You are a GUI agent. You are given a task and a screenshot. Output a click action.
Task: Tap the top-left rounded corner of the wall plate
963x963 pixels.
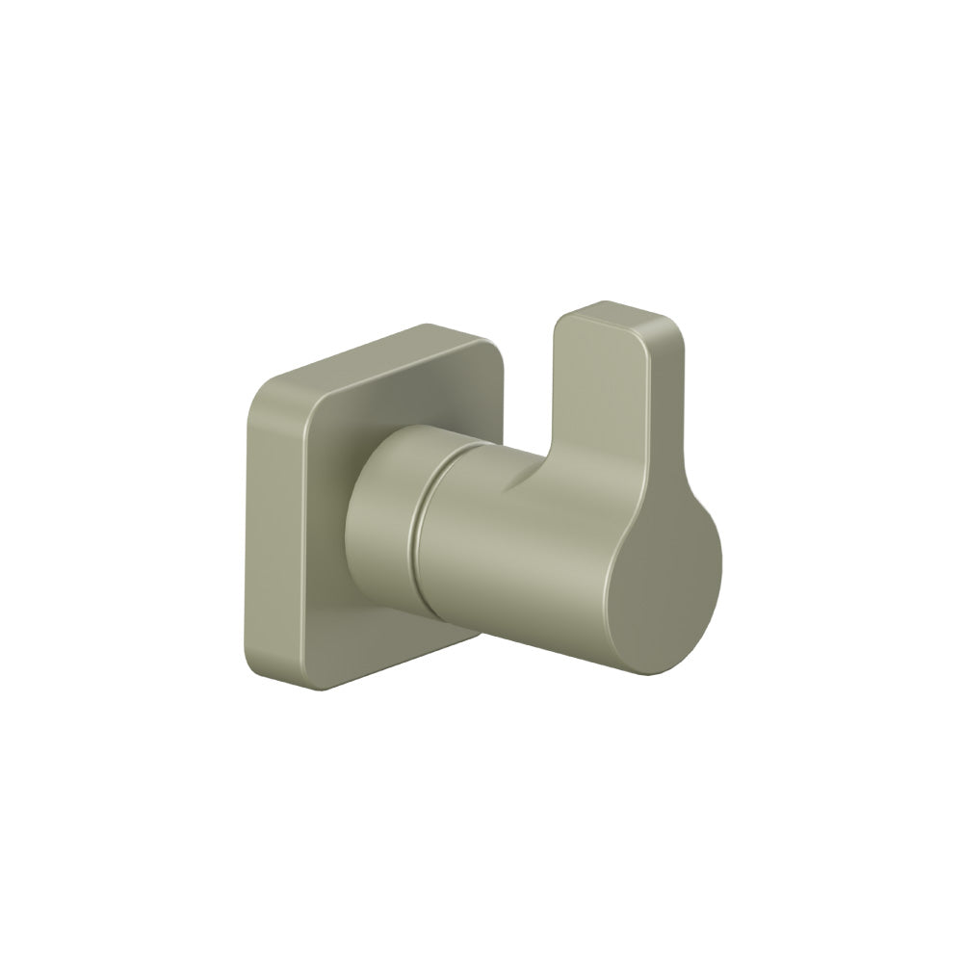[263, 395]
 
